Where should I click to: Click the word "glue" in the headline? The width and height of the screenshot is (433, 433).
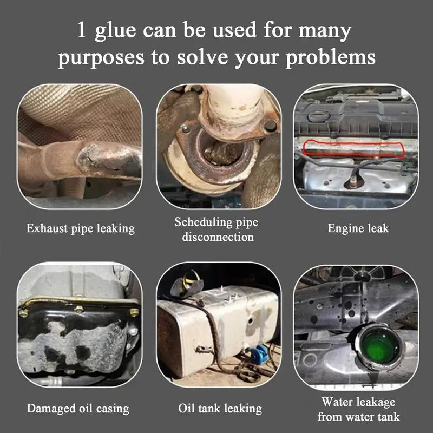pos(115,31)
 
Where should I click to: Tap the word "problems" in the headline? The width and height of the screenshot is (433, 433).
pos(331,57)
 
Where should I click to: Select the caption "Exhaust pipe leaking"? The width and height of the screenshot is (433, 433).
pos(80,229)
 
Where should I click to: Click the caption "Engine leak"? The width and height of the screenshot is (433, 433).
pos(358,228)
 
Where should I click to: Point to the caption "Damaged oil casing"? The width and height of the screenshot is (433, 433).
pos(78,409)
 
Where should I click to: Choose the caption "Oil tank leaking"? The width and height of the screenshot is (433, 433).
pos(220,409)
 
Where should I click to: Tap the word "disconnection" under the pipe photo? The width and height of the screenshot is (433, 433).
pos(218,237)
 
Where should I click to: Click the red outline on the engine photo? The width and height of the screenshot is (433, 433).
pos(354,142)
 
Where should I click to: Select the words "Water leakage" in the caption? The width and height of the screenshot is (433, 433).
pos(358,402)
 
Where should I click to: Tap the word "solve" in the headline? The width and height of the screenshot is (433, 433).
pos(202,57)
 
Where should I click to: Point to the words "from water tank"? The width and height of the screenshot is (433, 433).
pos(358,417)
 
